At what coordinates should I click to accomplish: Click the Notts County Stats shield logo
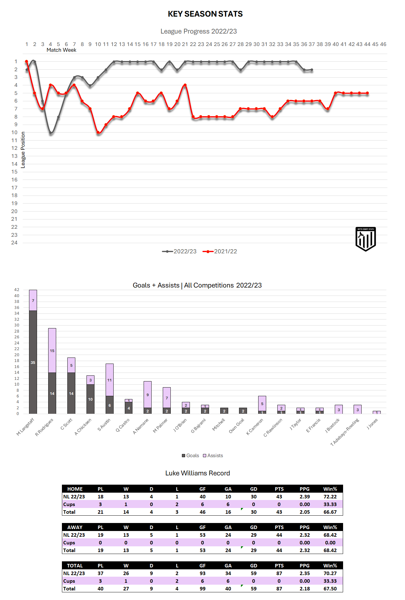click(365, 239)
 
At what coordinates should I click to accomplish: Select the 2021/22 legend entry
click(220, 251)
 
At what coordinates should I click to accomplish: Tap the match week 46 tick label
click(383, 44)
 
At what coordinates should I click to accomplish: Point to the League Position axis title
click(23, 150)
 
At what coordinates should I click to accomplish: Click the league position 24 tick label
click(14, 243)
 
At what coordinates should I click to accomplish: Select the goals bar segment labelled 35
click(33, 362)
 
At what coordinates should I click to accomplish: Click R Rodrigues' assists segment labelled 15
click(52, 350)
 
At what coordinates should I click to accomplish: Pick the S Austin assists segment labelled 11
click(109, 380)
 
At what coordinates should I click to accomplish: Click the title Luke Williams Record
click(198, 473)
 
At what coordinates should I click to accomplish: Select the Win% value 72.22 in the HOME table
click(330, 497)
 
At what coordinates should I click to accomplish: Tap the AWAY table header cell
click(75, 527)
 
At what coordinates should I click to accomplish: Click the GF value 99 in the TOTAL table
click(203, 589)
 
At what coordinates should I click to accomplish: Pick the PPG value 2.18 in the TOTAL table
click(304, 589)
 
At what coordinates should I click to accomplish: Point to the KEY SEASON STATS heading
click(205, 14)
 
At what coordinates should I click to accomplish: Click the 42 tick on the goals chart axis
click(17, 290)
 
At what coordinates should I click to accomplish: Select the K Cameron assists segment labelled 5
click(262, 404)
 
